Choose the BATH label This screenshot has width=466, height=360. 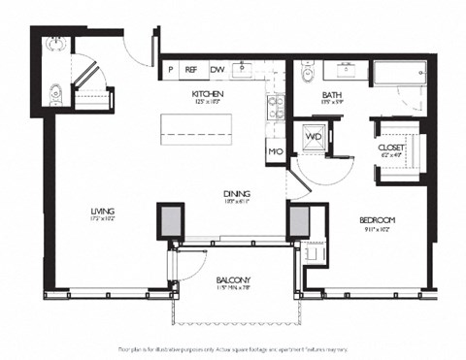[x=332, y=94]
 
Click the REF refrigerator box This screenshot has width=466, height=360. [x=192, y=69]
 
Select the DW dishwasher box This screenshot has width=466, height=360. [x=217, y=69]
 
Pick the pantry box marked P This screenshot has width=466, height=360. [x=171, y=69]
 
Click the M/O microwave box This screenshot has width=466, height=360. [x=275, y=152]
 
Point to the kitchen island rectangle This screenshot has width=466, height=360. [x=201, y=125]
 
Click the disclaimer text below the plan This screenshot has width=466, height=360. [x=233, y=347]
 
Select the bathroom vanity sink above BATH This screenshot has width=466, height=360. [x=347, y=69]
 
